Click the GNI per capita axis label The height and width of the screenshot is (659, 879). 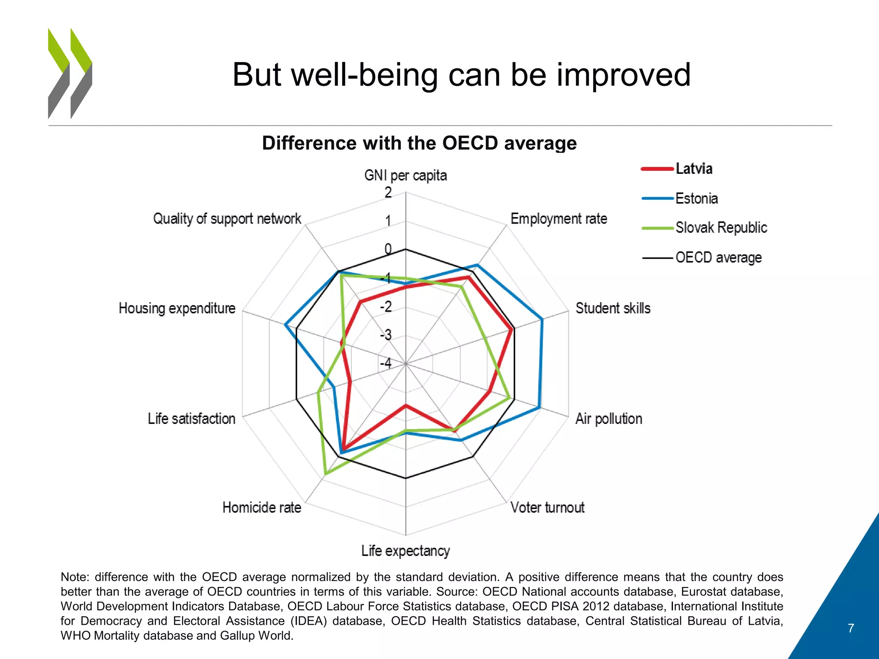pos(405,175)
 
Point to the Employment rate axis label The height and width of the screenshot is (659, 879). pos(558,219)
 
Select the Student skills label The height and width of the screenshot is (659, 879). pos(612,308)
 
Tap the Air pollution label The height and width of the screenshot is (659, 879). pos(608,418)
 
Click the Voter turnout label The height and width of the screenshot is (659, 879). pos(547,508)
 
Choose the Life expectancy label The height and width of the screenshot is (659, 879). pos(405,550)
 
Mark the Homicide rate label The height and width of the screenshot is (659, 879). pos(261,508)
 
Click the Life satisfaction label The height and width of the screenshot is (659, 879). pos(191,418)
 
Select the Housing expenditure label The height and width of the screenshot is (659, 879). pos(177,308)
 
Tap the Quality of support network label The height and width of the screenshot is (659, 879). pos(227,219)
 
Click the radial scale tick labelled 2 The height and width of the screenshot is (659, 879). pos(388,193)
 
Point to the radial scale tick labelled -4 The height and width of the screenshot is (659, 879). pos(386,363)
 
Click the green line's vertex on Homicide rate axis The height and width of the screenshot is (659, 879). pos(326,474)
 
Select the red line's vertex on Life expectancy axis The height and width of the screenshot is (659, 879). pos(406,405)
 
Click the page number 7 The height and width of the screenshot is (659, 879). pos(851,628)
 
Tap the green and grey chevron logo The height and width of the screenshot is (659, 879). pos(70,73)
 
